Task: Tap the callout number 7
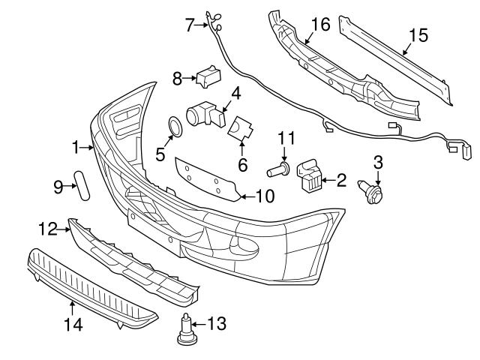click(x=190, y=25)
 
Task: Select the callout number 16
click(x=320, y=25)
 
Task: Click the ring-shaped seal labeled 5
click(x=173, y=127)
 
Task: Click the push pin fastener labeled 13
click(x=184, y=331)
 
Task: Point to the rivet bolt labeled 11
click(x=281, y=169)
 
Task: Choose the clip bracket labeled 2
click(x=310, y=175)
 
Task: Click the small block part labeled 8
click(x=207, y=76)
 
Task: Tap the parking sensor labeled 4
click(x=203, y=113)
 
